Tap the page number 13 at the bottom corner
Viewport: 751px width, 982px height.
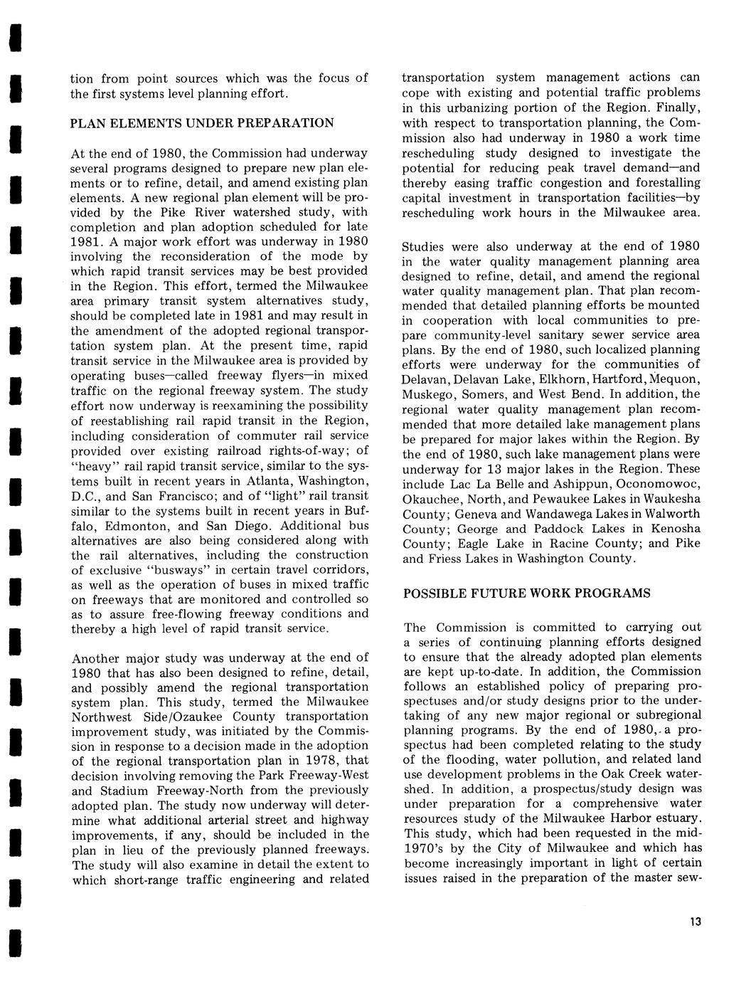[695, 922]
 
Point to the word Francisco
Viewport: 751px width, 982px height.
[186, 496]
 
